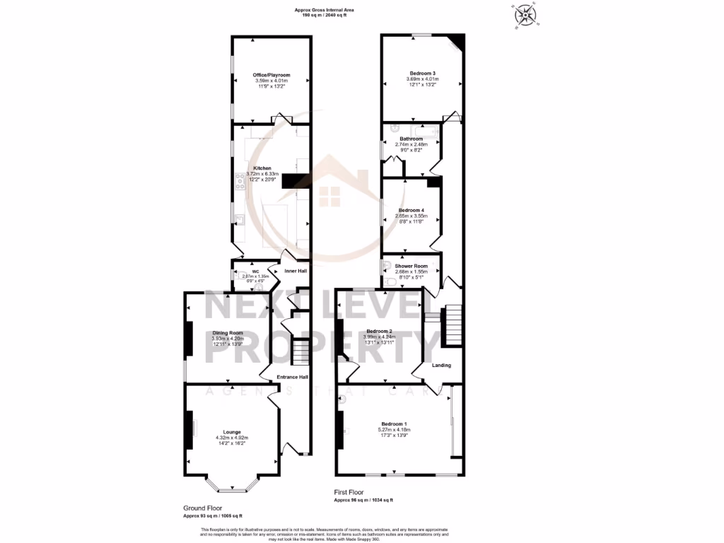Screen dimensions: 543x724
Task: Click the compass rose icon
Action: pos(524,15)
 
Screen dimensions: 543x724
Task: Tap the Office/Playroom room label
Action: pos(271,75)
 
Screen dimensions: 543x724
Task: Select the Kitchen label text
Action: pos(262,168)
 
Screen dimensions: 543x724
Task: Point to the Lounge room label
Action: pos(232,432)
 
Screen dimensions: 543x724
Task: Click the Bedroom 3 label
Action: pos(422,73)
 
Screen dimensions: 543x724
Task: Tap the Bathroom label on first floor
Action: pos(411,139)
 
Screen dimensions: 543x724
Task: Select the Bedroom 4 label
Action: pos(411,210)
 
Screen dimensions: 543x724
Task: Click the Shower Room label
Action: pos(411,266)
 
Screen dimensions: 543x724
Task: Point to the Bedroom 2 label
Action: pos(379,331)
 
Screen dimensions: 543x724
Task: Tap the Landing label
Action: pos(441,366)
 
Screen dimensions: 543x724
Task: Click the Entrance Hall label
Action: pos(292,377)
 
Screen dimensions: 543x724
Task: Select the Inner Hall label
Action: pos(296,271)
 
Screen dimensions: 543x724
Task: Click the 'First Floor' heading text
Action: pos(350,491)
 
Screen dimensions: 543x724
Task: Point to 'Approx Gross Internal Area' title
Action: pos(325,9)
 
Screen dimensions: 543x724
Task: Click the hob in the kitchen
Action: pos(240,183)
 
